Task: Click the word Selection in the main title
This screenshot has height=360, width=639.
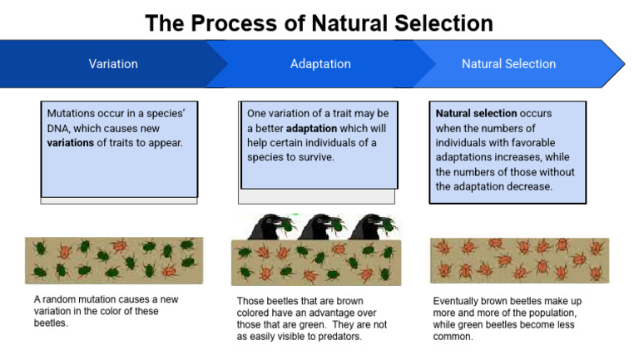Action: (x=436, y=22)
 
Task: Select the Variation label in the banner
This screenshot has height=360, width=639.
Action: (x=113, y=64)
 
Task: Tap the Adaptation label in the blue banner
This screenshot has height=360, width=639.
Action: (x=320, y=64)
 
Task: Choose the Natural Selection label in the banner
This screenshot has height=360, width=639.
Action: (x=508, y=64)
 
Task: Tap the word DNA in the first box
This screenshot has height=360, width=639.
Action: (x=61, y=128)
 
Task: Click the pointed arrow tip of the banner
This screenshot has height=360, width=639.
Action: (x=622, y=64)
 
